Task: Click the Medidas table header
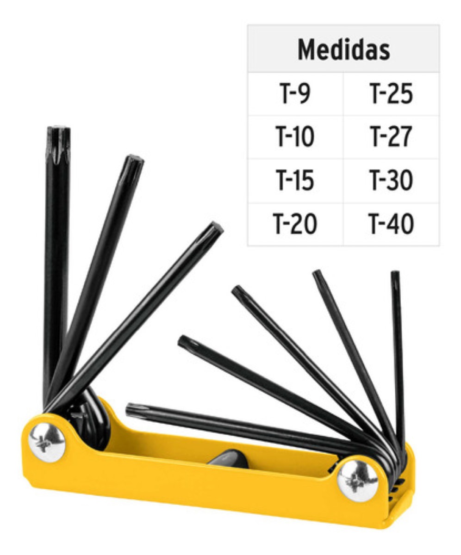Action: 343,49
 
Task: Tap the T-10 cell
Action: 295,137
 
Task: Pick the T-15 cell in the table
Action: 295,181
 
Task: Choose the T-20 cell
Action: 295,224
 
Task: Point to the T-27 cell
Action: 391,137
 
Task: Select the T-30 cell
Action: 391,181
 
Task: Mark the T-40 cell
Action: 391,224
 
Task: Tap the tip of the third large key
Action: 217,227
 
